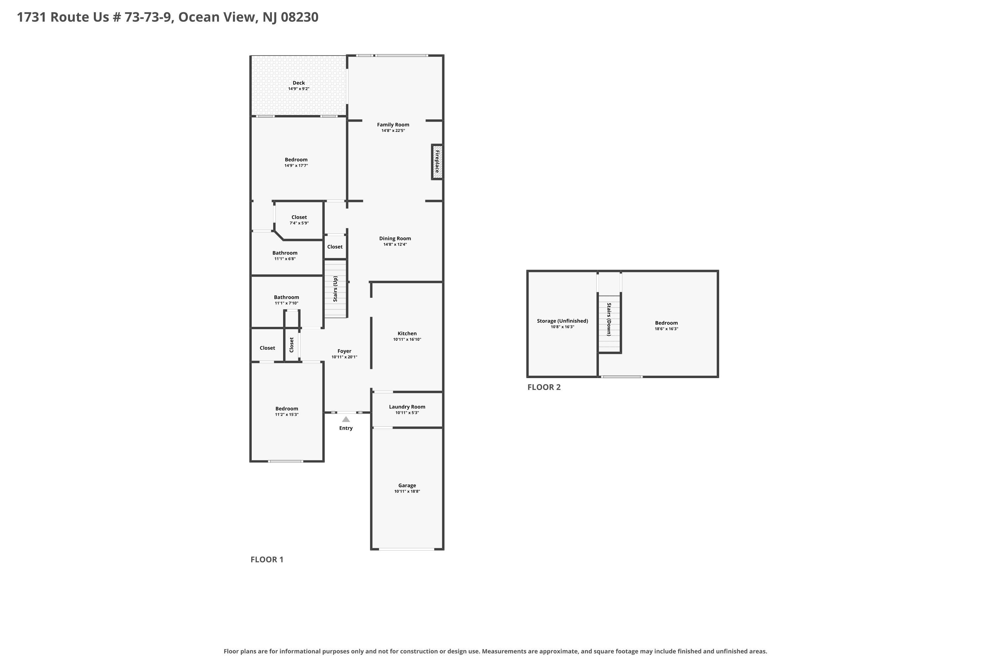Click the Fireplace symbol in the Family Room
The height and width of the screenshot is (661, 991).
tap(437, 162)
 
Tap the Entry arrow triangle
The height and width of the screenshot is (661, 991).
tap(346, 419)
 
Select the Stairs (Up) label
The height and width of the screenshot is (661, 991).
tap(335, 289)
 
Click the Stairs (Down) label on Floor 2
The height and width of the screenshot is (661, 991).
tap(609, 319)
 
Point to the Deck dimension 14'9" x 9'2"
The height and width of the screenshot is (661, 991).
tap(299, 89)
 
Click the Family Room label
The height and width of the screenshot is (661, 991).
tap(393, 125)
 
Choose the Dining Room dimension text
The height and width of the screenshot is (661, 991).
tap(395, 245)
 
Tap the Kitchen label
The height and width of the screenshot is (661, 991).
tap(407, 333)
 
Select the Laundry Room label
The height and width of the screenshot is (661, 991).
tap(407, 407)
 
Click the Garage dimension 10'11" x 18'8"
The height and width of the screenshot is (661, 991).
tap(407, 491)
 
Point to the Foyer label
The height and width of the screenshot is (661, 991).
tap(344, 351)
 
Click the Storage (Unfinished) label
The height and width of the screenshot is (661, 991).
tap(563, 321)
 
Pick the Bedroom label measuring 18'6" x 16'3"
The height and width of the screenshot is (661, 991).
tap(666, 323)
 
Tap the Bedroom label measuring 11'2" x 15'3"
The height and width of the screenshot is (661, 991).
tap(286, 408)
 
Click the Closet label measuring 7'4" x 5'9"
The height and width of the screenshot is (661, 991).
tap(299, 217)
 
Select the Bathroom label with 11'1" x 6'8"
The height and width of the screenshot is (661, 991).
tap(285, 253)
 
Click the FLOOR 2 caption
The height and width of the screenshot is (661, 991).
tap(544, 387)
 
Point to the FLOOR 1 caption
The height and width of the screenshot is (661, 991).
tap(267, 560)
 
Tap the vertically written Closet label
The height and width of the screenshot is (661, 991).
tap(292, 345)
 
